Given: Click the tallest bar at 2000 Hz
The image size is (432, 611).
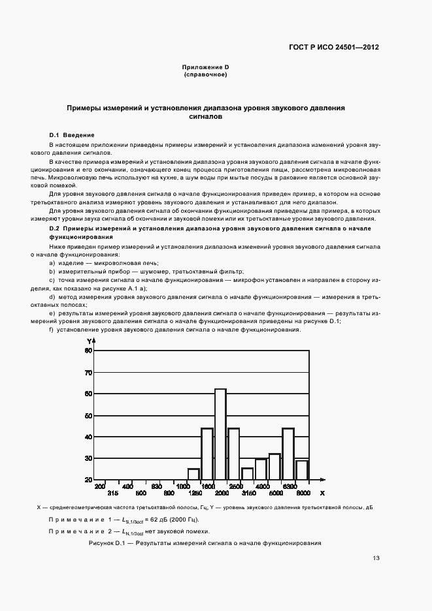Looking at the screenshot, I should (220, 434).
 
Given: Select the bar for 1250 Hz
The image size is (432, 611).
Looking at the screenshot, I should (193, 474).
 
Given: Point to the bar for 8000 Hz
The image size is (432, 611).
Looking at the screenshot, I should (301, 470).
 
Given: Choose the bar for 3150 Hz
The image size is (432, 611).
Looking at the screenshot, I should (247, 474).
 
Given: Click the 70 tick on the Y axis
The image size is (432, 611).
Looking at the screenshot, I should (88, 373).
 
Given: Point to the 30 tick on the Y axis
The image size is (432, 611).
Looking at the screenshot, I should (88, 458).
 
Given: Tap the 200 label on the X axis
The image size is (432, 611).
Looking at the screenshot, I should (100, 487).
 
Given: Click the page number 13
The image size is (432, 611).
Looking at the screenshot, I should (376, 558).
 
